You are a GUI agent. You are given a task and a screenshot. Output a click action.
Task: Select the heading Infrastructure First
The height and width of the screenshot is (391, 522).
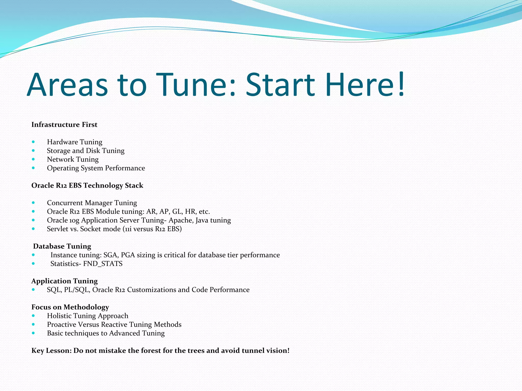coord(64,124)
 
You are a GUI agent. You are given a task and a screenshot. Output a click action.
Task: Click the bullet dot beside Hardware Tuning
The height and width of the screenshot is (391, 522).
coord(33,142)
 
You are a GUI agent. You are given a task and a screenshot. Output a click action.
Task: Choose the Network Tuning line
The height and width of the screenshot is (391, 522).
coord(73,159)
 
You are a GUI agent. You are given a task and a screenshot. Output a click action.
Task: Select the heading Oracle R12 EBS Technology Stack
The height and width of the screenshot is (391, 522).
coord(87,185)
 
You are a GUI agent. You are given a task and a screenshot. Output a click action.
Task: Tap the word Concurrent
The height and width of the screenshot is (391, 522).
coord(65,203)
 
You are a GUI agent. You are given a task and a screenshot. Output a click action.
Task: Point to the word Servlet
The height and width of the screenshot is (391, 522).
coord(58,229)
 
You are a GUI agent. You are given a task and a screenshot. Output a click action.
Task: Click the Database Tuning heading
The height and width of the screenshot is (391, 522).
coord(62,246)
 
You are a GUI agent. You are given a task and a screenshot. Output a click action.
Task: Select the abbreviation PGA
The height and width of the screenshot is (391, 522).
coord(128,255)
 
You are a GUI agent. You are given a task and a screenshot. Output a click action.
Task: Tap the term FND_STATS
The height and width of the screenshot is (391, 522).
coord(103,264)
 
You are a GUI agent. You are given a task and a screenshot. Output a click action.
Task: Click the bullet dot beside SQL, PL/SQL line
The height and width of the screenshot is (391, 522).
coord(33,289)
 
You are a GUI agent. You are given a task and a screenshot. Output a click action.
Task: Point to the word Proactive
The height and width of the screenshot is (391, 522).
coord(61,325)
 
